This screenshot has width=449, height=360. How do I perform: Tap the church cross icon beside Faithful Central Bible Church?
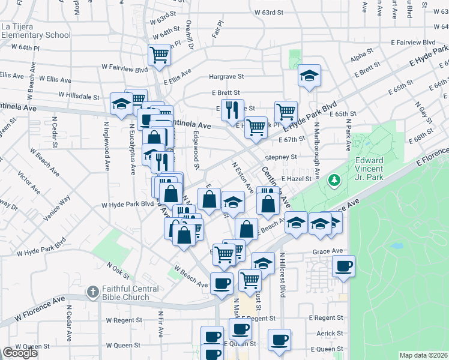pos(92,292)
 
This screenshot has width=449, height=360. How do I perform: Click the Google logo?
pos(20,353)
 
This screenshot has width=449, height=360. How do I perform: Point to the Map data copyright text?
pos(423,355)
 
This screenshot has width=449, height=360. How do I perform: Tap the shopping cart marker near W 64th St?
pos(160,55)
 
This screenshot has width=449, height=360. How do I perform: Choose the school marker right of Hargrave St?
pos(309,76)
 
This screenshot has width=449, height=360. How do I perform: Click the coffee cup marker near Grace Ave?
pos(343,266)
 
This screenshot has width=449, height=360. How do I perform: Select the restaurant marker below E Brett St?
pos(232,109)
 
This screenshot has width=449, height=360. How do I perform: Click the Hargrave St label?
pos(226,77)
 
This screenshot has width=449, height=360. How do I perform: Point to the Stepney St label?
pos(282,157)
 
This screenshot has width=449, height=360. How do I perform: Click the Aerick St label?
pos(330,334)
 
